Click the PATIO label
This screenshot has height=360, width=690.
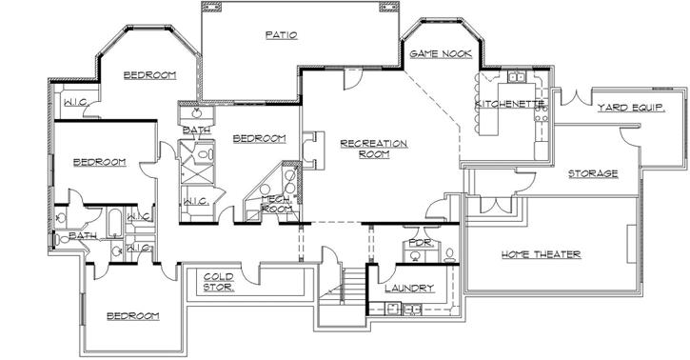point(281,35)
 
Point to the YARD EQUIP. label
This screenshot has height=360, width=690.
point(629,109)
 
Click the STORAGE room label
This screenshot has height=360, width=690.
point(593,173)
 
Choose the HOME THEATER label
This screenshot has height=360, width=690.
point(541,254)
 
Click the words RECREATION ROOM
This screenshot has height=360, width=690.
point(374,149)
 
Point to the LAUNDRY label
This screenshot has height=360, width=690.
point(410,288)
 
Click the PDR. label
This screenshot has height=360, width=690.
point(421,244)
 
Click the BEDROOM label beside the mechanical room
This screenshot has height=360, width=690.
point(259,139)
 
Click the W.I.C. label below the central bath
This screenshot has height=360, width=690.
point(197,201)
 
